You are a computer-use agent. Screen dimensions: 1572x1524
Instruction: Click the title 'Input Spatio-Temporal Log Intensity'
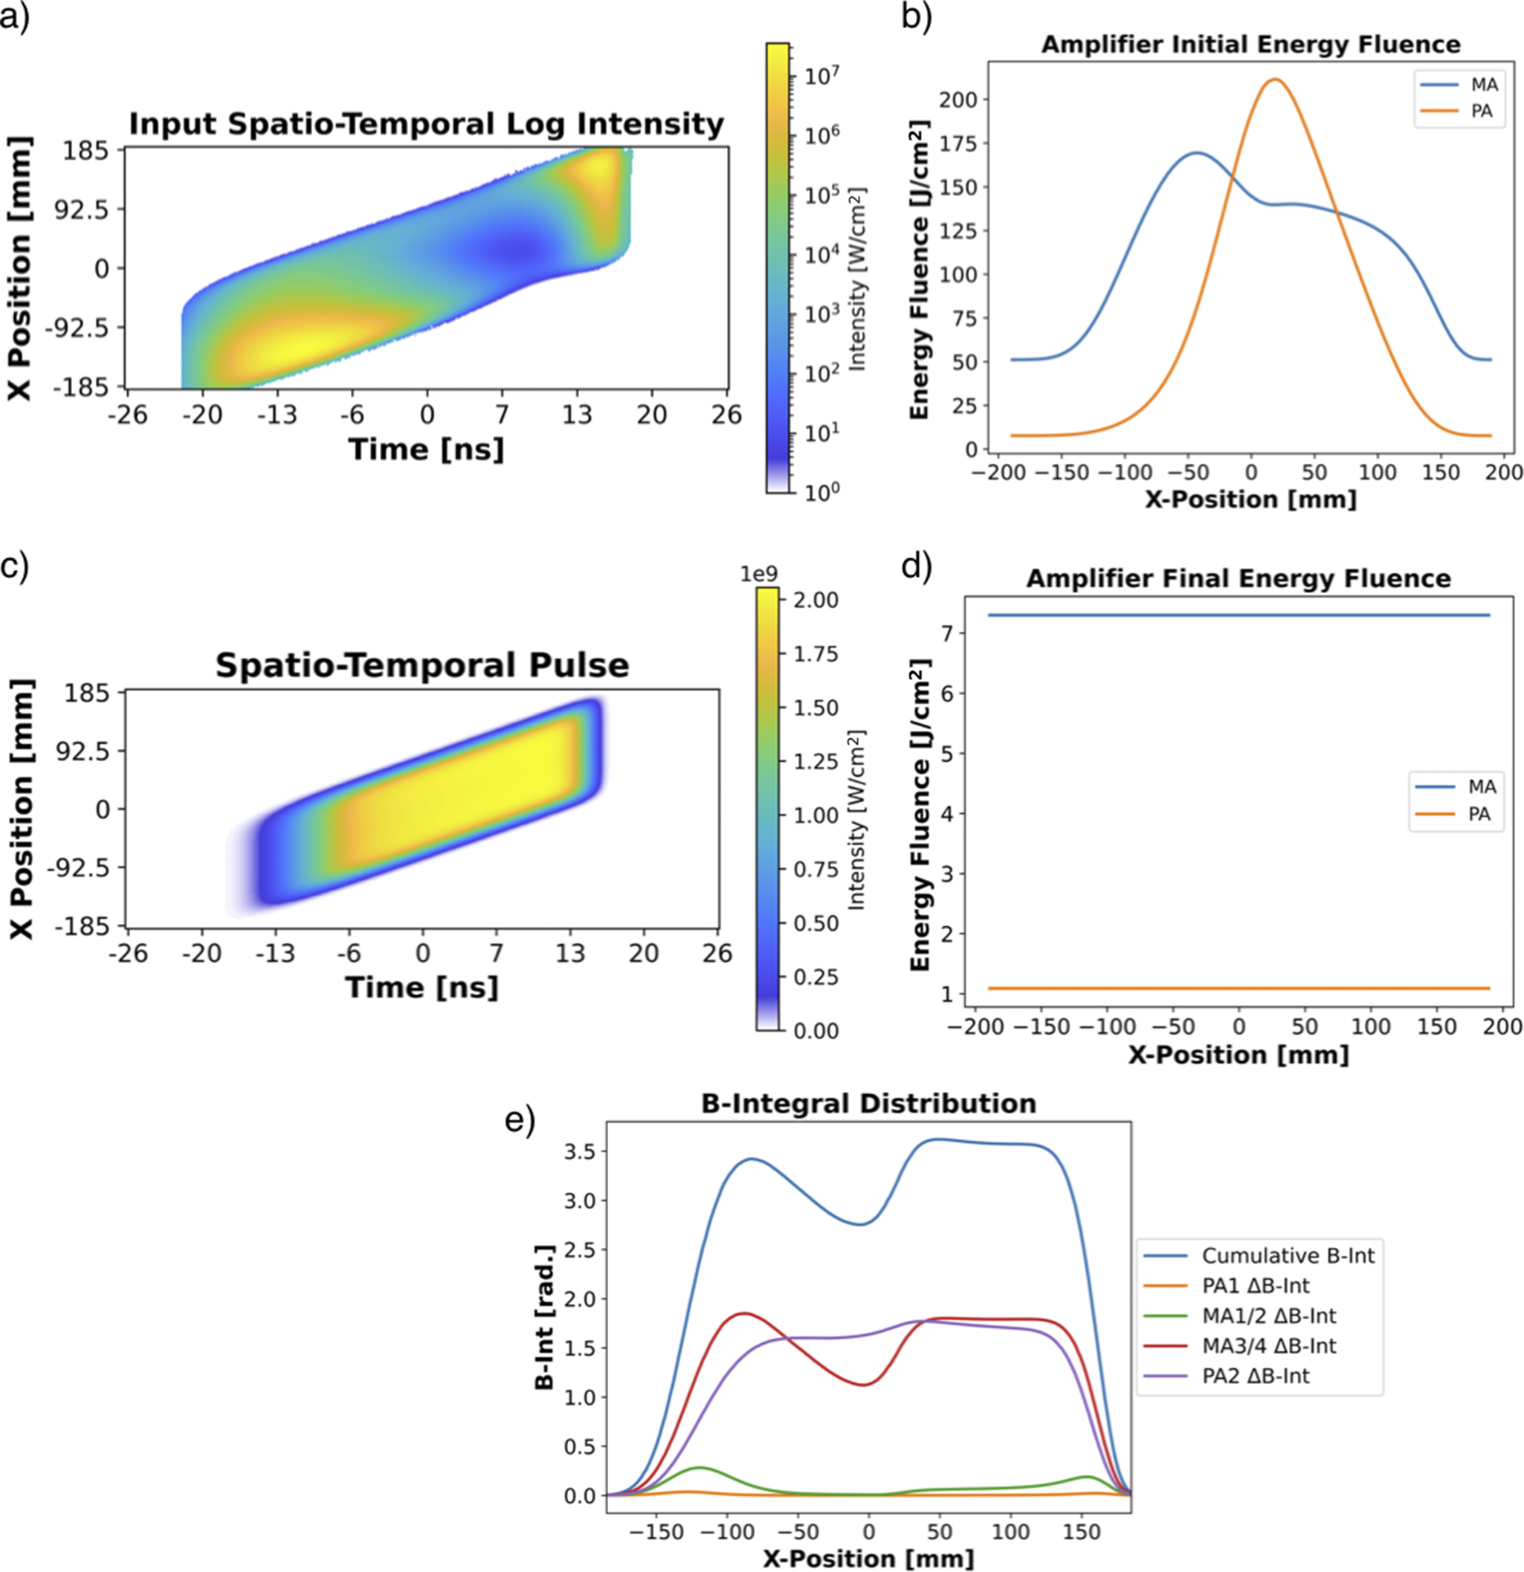coord(426,124)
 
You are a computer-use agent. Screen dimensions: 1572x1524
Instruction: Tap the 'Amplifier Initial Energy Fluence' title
coord(1250,44)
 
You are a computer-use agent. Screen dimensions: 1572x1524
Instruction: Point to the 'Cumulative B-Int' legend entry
coord(1288,1255)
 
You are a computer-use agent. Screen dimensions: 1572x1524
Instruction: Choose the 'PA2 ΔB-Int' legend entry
coord(1256,1376)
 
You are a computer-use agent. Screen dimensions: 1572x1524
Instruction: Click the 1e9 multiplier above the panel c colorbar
coord(758,575)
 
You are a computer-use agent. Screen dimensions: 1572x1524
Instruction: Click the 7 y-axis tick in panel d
coord(948,633)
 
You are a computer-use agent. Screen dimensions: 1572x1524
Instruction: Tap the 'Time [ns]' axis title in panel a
coord(426,449)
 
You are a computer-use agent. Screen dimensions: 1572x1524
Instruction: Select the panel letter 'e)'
coord(520,1120)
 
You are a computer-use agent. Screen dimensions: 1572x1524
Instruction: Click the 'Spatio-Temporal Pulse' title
coord(422,666)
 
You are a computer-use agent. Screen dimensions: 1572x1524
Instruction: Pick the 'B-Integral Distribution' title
coord(868,1104)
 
